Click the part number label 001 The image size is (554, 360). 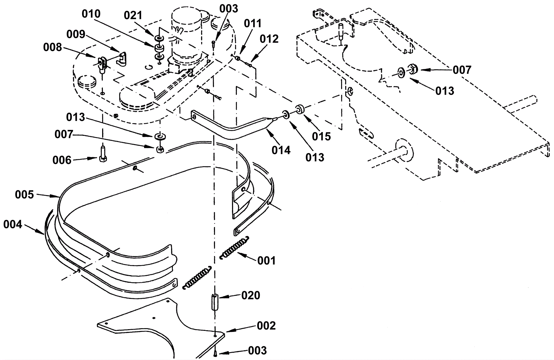point(266,261)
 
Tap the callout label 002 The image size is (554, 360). point(266,326)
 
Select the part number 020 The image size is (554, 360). point(251,296)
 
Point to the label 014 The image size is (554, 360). point(281,150)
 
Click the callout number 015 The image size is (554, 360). point(321,136)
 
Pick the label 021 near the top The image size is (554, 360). point(133,16)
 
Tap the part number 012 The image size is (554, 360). point(269,39)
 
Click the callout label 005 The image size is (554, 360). point(24,195)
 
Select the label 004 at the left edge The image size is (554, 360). point(12,225)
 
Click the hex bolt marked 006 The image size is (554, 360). point(102,154)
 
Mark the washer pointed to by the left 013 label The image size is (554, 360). point(160,136)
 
